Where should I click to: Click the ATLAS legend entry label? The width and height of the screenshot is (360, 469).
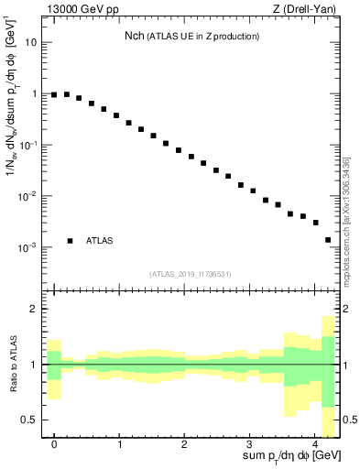point(100,240)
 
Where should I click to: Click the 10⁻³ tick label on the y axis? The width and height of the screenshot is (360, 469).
point(28,247)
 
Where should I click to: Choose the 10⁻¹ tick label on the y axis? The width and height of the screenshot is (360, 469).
point(28,145)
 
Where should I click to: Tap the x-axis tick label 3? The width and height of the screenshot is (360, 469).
point(250,442)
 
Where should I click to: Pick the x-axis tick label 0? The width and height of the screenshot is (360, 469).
point(55,442)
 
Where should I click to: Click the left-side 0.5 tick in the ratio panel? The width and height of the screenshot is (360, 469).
point(30,420)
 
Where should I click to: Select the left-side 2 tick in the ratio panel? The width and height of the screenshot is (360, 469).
point(35,310)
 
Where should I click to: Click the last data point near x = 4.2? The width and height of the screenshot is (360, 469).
point(328,240)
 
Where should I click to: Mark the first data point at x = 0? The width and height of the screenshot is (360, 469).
point(54,94)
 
